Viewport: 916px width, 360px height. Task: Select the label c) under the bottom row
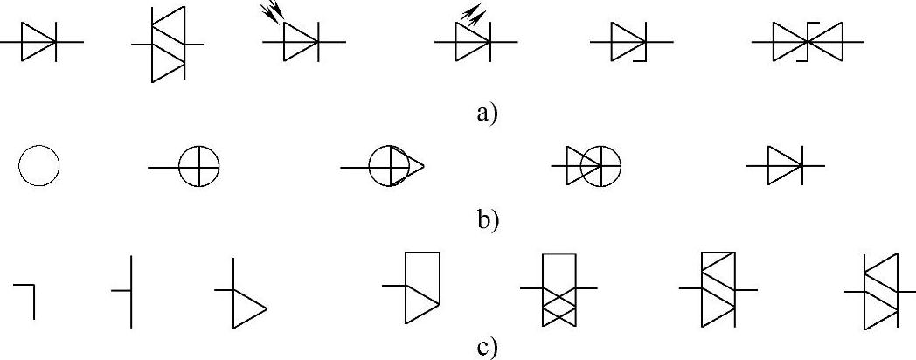tap(487, 347)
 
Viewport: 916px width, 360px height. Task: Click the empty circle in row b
tap(38, 165)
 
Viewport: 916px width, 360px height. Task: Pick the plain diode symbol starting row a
tap(39, 41)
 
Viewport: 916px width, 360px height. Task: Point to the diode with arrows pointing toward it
tap(302, 41)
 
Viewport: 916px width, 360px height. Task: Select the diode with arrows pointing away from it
tap(473, 41)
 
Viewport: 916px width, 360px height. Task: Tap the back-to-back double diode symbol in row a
tap(807, 41)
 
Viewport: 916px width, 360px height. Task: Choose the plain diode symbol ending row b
tap(784, 165)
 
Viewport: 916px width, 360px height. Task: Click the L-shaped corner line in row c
tap(25, 297)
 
